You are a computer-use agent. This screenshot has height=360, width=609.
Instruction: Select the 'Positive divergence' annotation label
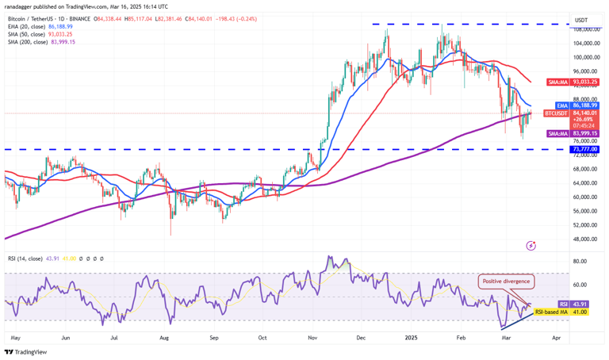[x=504, y=281]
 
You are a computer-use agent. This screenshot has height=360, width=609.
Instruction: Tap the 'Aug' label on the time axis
[x=164, y=337]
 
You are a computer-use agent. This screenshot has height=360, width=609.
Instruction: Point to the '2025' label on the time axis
[x=412, y=337]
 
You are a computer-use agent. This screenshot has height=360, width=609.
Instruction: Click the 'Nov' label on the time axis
[x=313, y=337]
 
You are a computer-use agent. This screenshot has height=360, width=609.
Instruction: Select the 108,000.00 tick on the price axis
[x=585, y=29]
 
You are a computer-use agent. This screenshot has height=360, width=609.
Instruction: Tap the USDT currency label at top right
[x=581, y=20]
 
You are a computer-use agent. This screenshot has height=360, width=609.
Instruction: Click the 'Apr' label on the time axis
[x=556, y=337]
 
